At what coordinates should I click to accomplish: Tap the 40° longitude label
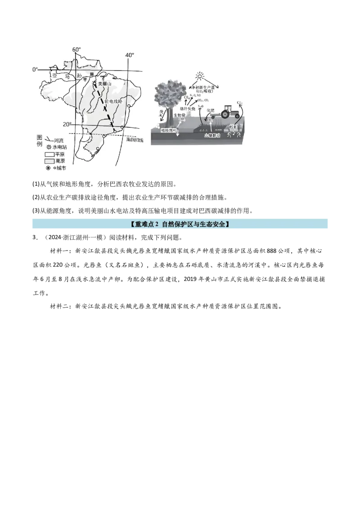click(130, 55)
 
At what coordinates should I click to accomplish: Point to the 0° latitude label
click(35, 69)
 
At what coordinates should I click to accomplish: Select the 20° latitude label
click(67, 125)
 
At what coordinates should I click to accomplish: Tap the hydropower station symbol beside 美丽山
click(94, 84)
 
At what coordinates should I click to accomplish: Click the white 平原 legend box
click(49, 154)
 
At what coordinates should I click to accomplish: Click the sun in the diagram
click(199, 76)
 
